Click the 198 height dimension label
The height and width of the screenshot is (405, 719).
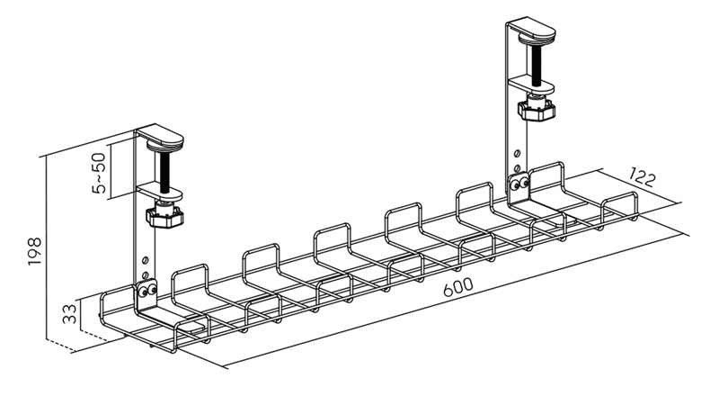click(35, 251)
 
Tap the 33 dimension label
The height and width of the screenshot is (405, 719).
click(70, 314)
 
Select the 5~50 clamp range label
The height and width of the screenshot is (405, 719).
click(99, 173)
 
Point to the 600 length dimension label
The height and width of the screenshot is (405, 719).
click(457, 287)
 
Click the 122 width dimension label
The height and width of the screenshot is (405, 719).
click(642, 177)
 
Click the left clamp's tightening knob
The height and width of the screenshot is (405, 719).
click(164, 217)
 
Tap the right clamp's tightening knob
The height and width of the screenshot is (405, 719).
click(537, 110)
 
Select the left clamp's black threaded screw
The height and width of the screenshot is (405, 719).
click(164, 172)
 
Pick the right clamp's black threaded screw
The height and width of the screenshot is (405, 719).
click(537, 64)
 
